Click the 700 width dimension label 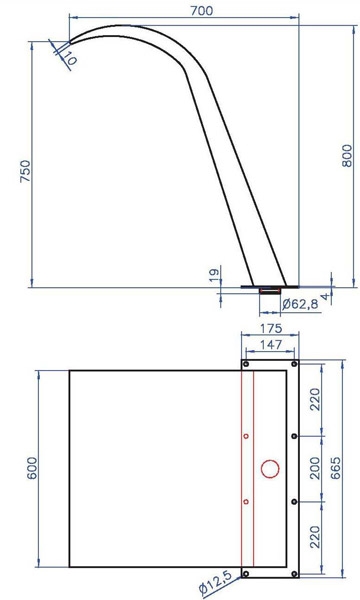point(202,11)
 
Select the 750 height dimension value point(25,171)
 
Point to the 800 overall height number point(347,155)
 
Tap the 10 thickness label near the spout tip point(70,58)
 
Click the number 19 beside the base point(215,275)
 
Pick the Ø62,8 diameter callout point(300,305)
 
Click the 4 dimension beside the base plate point(325,297)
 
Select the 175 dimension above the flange point(271,328)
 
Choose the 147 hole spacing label point(270,345)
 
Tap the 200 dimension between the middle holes point(315,468)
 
